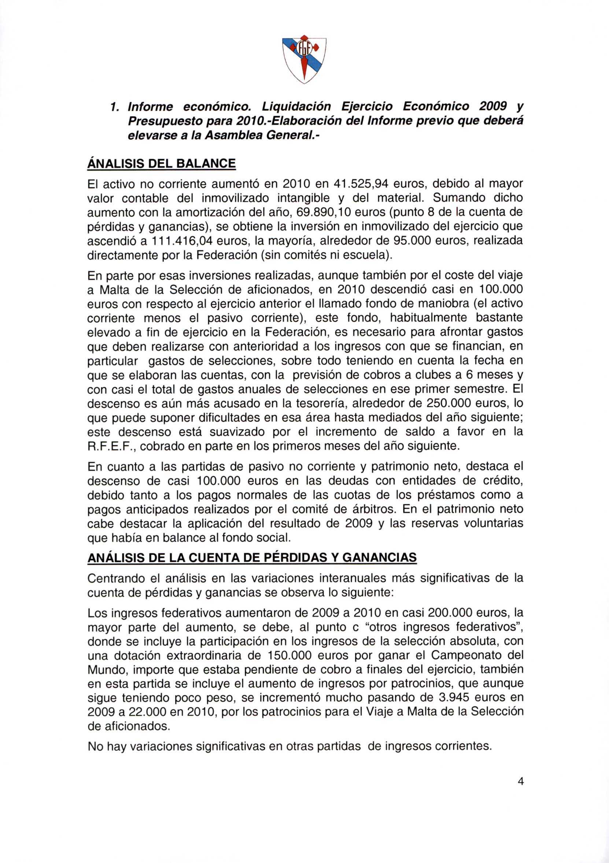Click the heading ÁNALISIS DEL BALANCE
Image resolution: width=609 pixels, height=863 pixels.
(161, 164)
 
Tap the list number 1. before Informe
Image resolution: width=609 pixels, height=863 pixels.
(110, 107)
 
